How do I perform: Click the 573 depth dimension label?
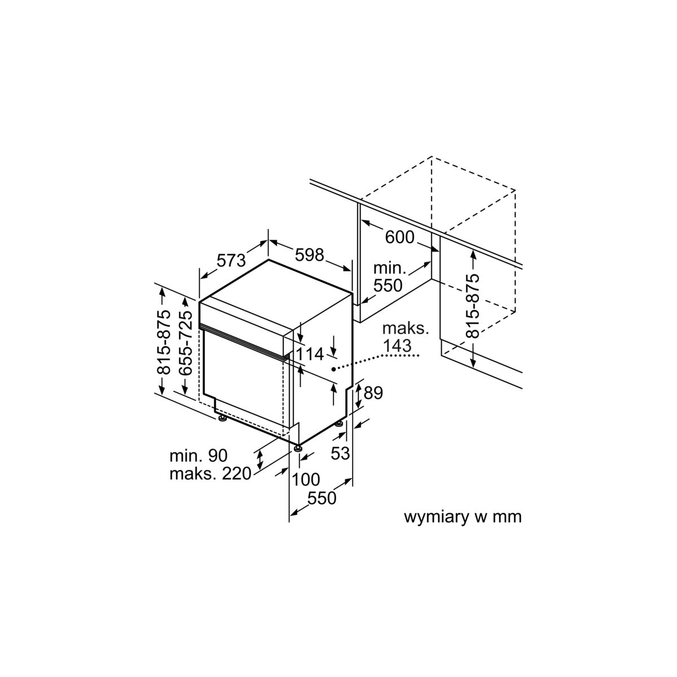(x=231, y=261)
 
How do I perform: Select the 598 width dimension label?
(x=309, y=254)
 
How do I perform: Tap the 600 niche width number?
(x=400, y=237)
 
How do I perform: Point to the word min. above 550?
(x=390, y=269)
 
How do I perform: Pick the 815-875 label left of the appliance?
(x=163, y=343)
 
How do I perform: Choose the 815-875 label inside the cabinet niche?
(x=472, y=306)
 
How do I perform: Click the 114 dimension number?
(x=309, y=354)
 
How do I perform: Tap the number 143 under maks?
(x=397, y=346)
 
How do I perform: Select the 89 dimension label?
(x=373, y=393)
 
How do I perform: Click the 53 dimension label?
(x=340, y=453)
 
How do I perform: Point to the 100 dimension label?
(x=306, y=480)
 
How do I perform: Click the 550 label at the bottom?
(x=322, y=498)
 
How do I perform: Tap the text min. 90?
(x=199, y=456)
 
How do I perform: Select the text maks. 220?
(x=210, y=474)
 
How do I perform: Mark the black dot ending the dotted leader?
(x=333, y=369)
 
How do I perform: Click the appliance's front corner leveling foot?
(x=298, y=448)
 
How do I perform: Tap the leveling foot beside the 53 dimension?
(x=339, y=424)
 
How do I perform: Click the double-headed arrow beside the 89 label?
(x=359, y=396)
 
